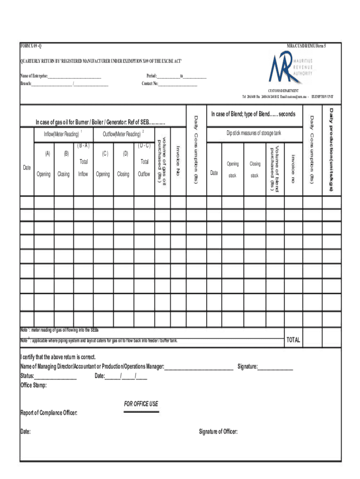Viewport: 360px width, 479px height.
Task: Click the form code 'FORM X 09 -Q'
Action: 33,46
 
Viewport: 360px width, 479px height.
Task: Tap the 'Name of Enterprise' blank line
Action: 74,76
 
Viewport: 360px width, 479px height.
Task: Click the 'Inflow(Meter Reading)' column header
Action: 58,134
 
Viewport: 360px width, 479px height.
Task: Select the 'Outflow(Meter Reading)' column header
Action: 122,134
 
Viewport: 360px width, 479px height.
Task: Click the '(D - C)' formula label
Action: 144,145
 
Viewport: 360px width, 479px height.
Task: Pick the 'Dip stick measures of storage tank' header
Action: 254,133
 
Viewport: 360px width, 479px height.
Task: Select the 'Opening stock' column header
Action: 232,170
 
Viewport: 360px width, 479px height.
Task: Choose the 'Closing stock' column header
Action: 255,170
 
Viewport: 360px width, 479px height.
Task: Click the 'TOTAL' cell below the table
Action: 293,340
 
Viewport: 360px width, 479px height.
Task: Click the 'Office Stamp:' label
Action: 33,385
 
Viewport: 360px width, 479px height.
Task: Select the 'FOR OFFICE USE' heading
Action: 141,404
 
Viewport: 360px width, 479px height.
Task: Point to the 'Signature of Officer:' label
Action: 218,431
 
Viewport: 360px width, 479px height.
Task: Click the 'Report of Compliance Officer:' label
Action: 49,413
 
